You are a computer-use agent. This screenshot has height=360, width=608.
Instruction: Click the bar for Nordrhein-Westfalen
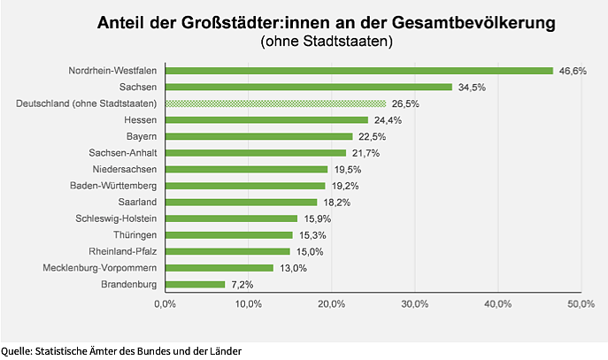[358, 71]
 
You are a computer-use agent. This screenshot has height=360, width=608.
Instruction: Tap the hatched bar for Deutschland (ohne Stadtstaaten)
[275, 103]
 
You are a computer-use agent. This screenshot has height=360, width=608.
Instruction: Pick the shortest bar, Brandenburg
[195, 285]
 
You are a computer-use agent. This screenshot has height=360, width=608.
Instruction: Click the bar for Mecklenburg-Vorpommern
[219, 268]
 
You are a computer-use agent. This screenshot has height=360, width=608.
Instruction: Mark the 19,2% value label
[345, 186]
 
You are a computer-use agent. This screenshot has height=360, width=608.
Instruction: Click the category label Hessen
[141, 120]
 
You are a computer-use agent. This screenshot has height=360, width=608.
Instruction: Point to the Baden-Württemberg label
[113, 186]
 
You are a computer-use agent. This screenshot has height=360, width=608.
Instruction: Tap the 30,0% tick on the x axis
[414, 304]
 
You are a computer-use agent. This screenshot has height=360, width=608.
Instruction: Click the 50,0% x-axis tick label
[580, 304]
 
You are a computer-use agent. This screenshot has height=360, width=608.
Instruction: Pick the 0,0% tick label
[165, 304]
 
